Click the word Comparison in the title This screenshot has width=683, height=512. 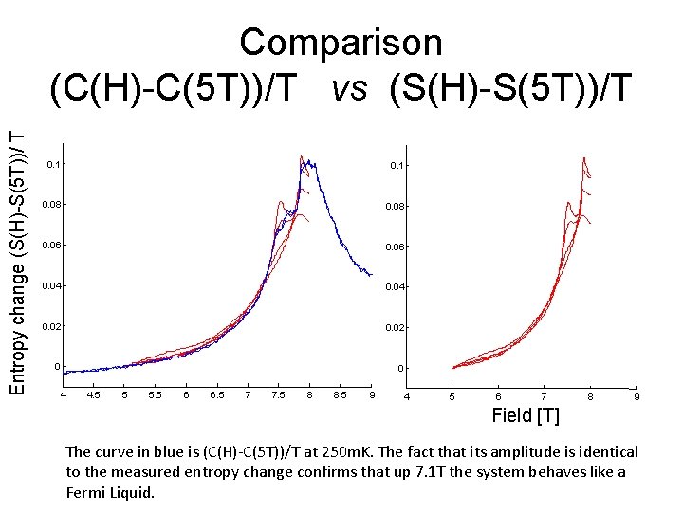click(x=341, y=43)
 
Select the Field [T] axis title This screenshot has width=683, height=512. click(x=525, y=415)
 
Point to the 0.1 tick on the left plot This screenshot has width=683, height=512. click(x=54, y=165)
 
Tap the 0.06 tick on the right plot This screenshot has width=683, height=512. click(x=397, y=247)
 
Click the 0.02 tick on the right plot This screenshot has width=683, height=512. click(x=397, y=327)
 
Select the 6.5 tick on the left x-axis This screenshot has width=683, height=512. click(x=217, y=394)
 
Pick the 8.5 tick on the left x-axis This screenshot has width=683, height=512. click(x=341, y=394)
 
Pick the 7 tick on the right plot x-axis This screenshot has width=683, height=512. click(x=544, y=395)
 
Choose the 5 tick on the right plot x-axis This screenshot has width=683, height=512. click(x=452, y=395)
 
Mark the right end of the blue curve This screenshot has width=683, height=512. click(x=372, y=275)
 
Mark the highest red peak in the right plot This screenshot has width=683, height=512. click(x=584, y=157)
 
